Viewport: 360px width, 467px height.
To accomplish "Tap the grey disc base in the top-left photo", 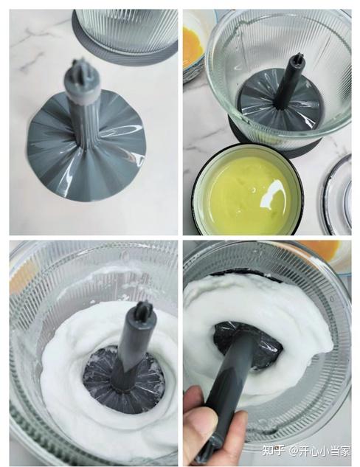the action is point(86,149).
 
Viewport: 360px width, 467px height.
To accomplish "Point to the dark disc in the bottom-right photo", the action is point(248,345).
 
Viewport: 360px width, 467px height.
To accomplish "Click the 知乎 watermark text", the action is point(273,451).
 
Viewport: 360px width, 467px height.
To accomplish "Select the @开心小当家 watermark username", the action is point(320,451).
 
